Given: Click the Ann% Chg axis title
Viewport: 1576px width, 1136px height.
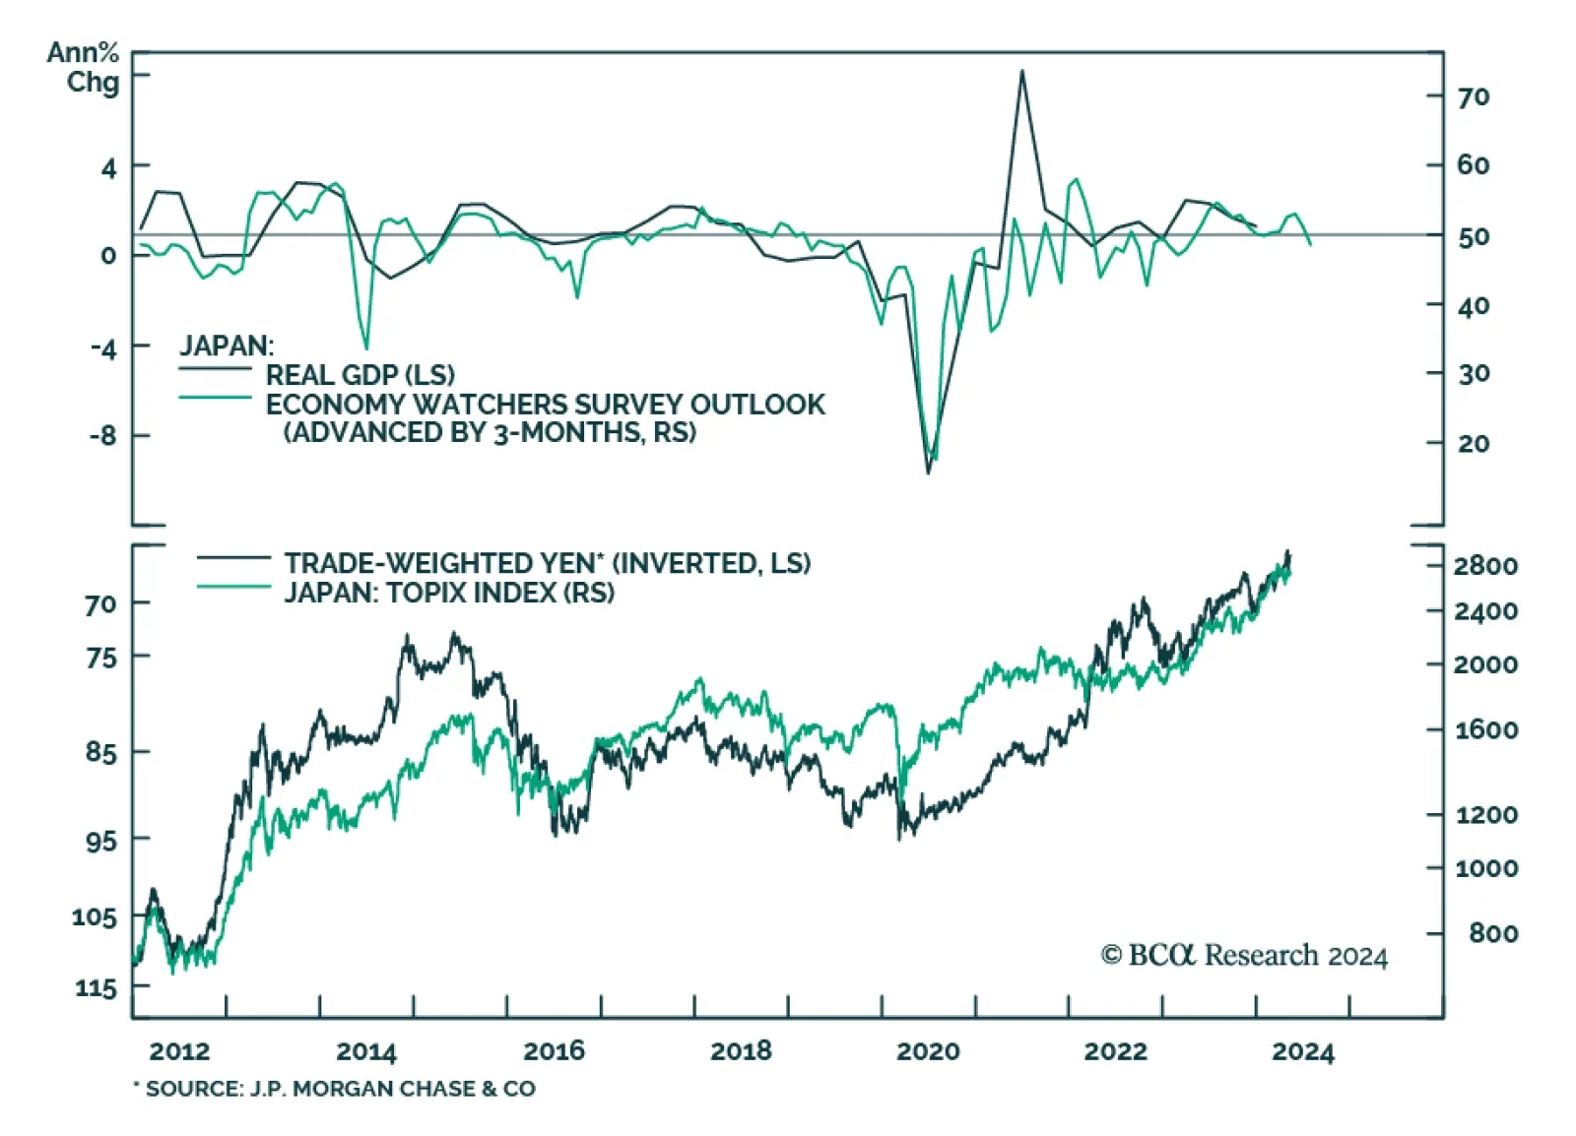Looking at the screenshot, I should pyautogui.click(x=83, y=67).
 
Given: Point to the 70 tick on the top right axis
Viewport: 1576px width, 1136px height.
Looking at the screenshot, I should pyautogui.click(x=1474, y=97).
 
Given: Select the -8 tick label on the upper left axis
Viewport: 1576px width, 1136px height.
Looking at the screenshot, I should pyautogui.click(x=102, y=435).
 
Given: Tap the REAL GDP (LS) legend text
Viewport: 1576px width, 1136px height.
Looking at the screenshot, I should pyautogui.click(x=360, y=375).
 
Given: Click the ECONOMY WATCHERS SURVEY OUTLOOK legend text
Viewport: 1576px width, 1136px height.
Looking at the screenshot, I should pyautogui.click(x=545, y=405).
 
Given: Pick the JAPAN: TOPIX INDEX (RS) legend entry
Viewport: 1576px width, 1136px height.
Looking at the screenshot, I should pyautogui.click(x=449, y=593).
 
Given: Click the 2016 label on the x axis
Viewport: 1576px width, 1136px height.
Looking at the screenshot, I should pyautogui.click(x=554, y=1051).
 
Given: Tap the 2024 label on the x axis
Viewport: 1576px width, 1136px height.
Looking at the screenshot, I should pyautogui.click(x=1302, y=1051).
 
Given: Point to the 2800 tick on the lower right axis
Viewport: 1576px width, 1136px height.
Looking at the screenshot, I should pyautogui.click(x=1485, y=566).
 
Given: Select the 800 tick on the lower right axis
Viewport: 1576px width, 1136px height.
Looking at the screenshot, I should pyautogui.click(x=1493, y=933).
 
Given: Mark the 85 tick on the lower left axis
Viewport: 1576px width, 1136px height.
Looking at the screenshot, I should pyautogui.click(x=100, y=753).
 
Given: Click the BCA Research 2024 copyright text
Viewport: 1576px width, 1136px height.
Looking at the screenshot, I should pyautogui.click(x=1244, y=956).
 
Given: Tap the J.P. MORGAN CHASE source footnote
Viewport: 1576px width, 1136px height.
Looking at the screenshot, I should pyautogui.click(x=335, y=1089).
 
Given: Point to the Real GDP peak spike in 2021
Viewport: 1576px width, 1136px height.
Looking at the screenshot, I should pyautogui.click(x=1021, y=72).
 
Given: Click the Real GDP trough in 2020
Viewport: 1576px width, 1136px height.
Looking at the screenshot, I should pyautogui.click(x=928, y=472).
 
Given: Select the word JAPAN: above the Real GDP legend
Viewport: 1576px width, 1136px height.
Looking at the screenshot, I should pyautogui.click(x=227, y=346).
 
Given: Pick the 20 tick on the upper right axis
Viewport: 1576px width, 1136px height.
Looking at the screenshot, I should pyautogui.click(x=1474, y=444).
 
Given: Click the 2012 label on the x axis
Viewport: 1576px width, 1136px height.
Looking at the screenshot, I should pyautogui.click(x=179, y=1051).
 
